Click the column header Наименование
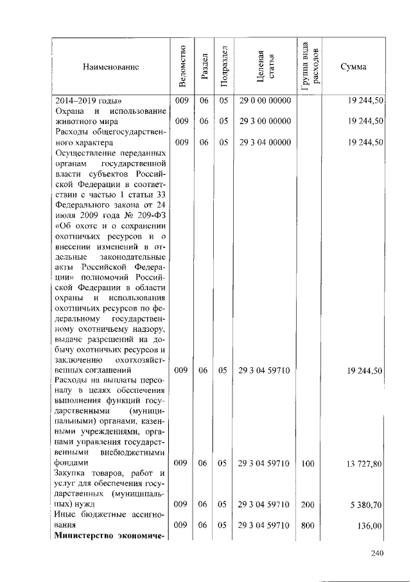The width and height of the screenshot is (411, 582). tap(110, 67)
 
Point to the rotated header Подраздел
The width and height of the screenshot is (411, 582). tap(223, 67)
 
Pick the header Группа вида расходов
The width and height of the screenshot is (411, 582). tap(311, 67)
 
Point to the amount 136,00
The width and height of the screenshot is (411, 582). tap(369, 525)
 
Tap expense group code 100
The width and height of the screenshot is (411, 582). tap(307, 463)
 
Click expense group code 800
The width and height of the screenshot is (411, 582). tap(307, 525)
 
